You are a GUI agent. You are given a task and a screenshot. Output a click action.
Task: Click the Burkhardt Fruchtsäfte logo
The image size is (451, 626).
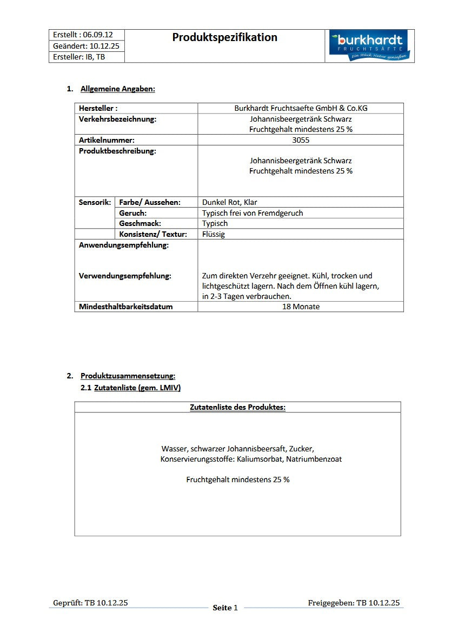tap(370, 46)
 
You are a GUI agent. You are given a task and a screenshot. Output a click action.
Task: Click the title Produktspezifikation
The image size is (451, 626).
tap(225, 37)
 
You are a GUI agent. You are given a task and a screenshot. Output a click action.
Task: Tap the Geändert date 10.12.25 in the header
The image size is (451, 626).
tap(103, 46)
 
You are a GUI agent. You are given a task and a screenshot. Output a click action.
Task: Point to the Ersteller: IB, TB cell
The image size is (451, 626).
tap(79, 57)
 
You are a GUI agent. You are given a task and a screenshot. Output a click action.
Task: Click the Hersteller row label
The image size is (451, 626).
tap(98, 108)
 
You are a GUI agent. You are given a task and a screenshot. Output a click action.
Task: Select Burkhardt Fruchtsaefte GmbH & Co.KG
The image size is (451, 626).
tap(301, 108)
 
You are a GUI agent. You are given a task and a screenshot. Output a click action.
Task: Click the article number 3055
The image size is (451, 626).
tap(301, 140)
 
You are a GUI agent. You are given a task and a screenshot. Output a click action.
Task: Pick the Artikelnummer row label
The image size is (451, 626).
tap(107, 140)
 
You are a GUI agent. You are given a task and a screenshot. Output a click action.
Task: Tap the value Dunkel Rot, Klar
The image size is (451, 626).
tap(230, 202)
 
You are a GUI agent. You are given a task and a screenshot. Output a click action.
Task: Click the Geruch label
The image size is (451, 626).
tap(133, 213)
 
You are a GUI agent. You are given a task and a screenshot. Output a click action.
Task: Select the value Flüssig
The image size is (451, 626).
tap(214, 234)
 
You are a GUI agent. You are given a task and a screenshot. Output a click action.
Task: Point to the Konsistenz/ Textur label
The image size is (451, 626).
tap(153, 234)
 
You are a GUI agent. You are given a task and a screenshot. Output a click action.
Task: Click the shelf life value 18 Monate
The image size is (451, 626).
tap(301, 307)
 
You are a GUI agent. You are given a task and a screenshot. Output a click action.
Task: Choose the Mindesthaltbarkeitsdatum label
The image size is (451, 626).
tap(126, 307)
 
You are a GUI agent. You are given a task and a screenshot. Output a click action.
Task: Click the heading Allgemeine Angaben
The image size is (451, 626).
tap(118, 89)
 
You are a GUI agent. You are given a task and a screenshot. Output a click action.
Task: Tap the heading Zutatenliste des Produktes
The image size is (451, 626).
tap(237, 407)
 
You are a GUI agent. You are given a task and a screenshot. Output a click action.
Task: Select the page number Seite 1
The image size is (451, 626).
tap(225, 608)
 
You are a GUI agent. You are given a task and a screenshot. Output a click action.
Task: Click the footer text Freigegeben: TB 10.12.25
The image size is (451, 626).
tap(354, 603)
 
